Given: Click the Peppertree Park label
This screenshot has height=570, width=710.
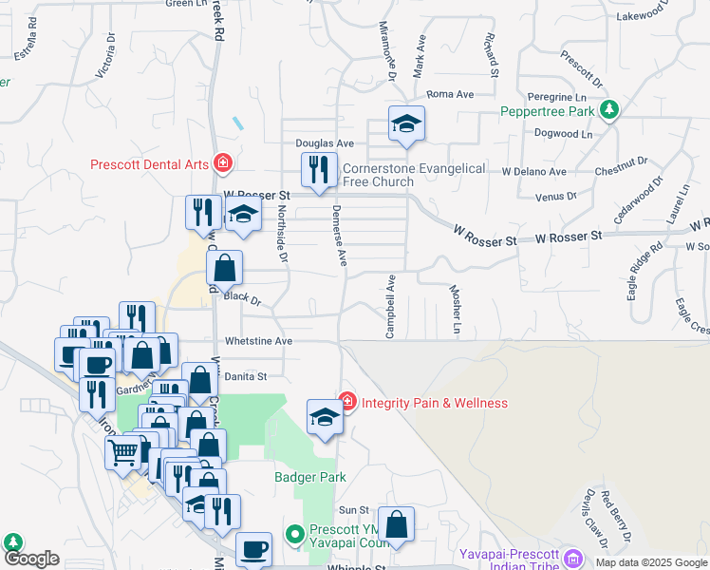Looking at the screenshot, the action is pos(548,111).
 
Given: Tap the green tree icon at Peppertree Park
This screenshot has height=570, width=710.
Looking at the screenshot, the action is pos(608,110).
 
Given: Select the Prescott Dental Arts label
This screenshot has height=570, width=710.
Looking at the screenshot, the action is pos(149,164).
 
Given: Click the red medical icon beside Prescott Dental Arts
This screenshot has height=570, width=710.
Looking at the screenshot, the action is pos(223,163).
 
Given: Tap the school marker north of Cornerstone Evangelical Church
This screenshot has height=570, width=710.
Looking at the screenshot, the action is pos(406,124).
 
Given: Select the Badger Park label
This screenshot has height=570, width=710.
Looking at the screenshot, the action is pos(310,477).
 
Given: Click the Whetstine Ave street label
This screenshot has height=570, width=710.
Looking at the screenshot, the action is pos(258,340).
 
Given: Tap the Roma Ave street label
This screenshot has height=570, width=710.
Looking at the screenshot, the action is pos(450,95).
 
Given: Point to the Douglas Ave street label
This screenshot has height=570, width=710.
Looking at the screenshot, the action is pos(324,142).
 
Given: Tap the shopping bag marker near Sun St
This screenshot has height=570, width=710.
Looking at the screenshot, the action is pos(397,525).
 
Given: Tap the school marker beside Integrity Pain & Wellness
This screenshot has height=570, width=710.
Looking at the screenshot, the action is pos(325,418).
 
